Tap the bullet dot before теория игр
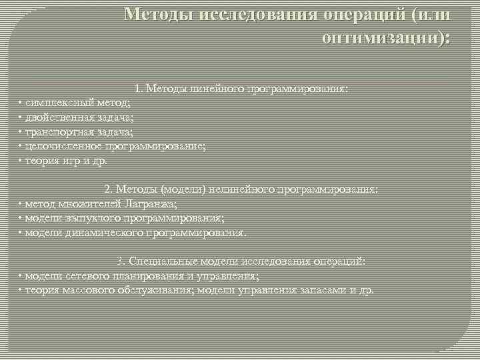point(21,161)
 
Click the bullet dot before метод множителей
point(21,204)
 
